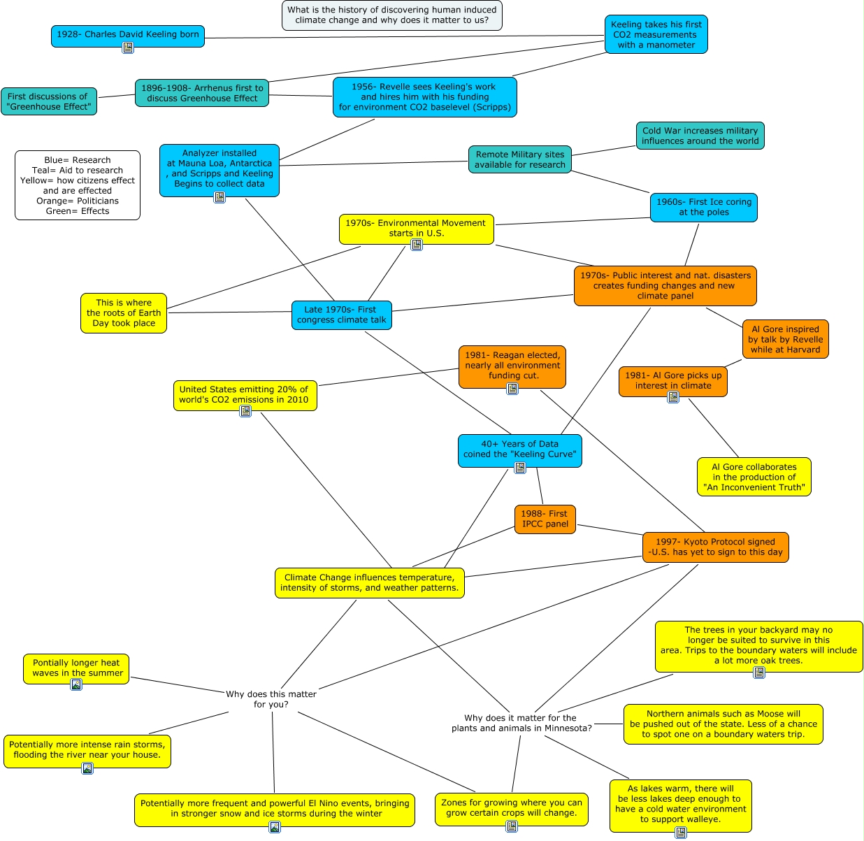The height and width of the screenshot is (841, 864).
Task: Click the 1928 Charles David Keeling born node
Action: (127, 34)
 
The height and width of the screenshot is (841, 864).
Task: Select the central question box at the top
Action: (391, 15)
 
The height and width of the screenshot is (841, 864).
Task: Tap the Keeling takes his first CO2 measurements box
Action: (656, 35)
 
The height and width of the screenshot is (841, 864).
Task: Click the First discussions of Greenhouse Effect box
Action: (48, 101)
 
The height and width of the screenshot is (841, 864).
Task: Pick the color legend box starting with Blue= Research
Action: (77, 185)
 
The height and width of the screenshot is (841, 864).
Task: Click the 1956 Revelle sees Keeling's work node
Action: (424, 97)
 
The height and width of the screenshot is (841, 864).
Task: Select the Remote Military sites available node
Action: (519, 159)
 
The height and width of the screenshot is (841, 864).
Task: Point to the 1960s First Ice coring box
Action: (703, 207)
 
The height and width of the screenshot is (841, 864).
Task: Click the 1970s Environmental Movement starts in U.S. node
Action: (416, 228)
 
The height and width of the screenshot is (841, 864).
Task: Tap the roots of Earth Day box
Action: (124, 312)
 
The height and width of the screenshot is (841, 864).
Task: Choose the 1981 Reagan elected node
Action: (512, 365)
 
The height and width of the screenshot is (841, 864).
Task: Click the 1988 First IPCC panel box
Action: (545, 519)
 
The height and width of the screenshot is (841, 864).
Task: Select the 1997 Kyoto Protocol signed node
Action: (715, 547)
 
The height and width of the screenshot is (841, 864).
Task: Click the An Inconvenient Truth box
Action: (754, 477)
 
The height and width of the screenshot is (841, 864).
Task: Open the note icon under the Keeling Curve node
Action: (519, 468)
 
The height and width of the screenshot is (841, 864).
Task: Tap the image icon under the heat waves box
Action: (76, 684)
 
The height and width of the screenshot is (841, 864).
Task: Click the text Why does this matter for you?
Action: (271, 699)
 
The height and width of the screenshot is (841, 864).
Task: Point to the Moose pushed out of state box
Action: (723, 724)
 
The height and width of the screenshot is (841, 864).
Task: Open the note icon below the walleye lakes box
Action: (681, 833)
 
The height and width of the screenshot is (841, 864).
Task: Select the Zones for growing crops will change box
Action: (511, 807)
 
